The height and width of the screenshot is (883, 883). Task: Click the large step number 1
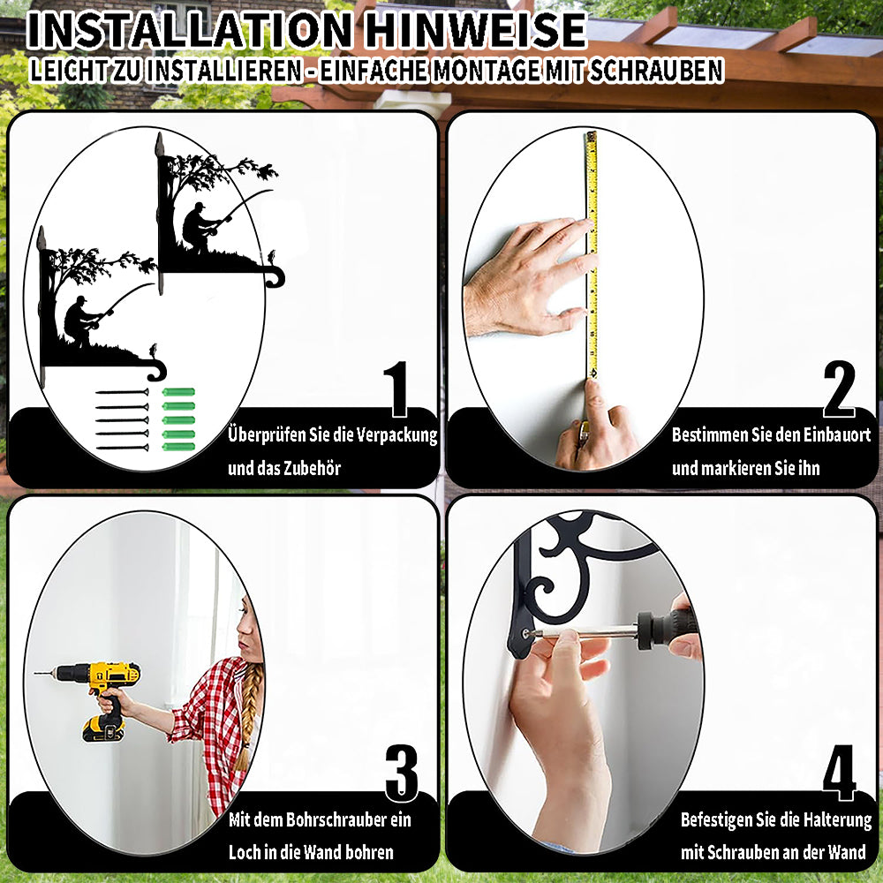[397, 389]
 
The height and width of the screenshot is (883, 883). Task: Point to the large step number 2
[839, 389]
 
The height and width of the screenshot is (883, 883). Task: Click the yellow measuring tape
[592, 254]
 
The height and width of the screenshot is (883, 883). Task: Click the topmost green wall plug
[178, 392]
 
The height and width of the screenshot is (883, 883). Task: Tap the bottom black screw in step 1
[122, 448]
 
